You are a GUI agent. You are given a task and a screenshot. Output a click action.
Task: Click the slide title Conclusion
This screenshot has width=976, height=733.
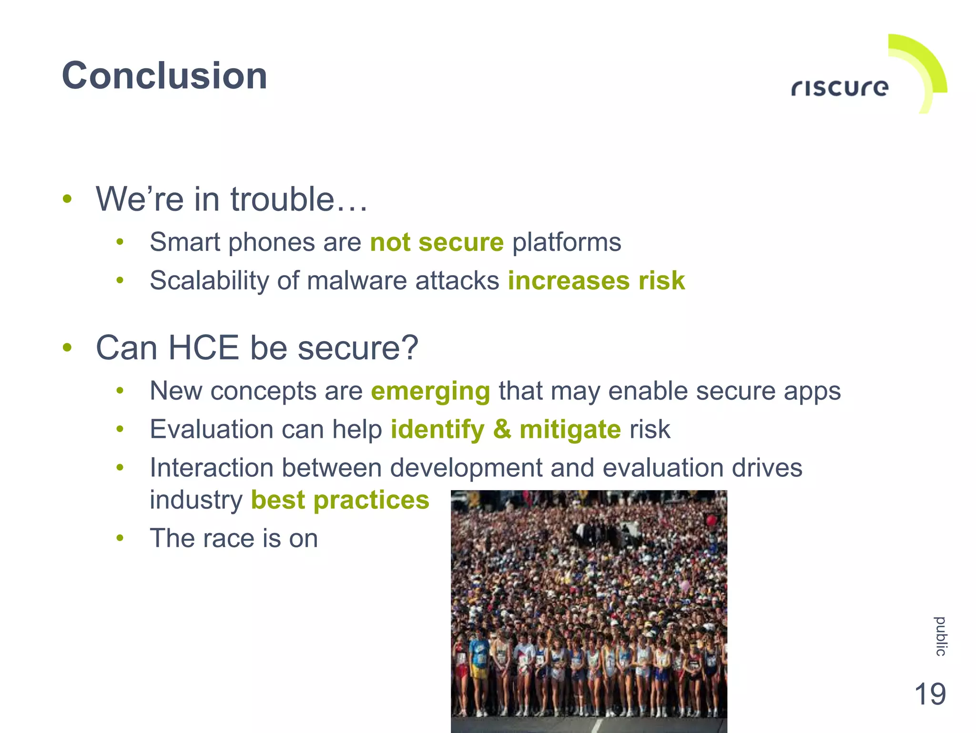(164, 76)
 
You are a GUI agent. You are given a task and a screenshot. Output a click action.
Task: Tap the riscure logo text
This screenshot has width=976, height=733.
(840, 88)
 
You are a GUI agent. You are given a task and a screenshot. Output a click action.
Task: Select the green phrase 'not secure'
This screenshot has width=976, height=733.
(437, 242)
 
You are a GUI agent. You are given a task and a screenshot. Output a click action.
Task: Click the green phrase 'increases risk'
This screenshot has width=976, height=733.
(596, 280)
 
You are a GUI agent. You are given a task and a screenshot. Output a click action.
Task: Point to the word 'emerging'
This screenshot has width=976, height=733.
(430, 392)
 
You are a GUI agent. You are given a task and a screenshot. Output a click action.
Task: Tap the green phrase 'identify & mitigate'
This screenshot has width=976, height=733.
(506, 429)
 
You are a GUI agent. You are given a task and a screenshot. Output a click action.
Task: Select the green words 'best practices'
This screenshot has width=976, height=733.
(340, 500)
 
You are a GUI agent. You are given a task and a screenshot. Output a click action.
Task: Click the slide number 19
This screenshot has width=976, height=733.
(930, 694)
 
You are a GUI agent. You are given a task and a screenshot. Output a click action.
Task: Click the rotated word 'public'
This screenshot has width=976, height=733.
(940, 636)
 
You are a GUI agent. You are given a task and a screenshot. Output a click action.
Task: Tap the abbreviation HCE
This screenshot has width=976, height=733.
(203, 348)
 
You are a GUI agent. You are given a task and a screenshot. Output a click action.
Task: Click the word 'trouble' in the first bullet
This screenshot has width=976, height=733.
(282, 199)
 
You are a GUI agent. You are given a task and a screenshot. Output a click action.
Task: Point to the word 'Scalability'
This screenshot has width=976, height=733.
(209, 280)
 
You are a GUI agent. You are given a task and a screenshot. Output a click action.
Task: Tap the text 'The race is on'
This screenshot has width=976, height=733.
(234, 538)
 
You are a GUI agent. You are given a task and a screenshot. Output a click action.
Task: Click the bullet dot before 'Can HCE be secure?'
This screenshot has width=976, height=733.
(67, 348)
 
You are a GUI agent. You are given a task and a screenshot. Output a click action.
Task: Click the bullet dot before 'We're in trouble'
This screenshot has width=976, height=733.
(67, 199)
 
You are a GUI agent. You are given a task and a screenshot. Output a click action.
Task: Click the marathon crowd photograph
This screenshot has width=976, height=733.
(589, 610)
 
